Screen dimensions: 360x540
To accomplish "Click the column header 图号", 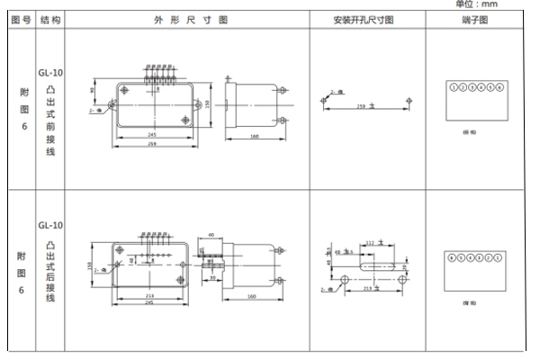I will [x=18, y=19].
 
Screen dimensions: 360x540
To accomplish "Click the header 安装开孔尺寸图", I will [x=364, y=19].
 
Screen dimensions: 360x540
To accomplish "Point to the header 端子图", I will [x=476, y=19].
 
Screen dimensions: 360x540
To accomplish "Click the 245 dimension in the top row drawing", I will [x=154, y=134].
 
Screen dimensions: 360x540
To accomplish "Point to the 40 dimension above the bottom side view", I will [x=210, y=235].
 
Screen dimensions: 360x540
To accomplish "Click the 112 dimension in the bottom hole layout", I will [x=370, y=243].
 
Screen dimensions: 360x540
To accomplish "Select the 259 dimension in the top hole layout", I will [x=362, y=105].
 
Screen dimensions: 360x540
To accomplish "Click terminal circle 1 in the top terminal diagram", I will [x=454, y=87].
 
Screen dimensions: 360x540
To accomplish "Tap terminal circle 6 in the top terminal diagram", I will [x=499, y=87].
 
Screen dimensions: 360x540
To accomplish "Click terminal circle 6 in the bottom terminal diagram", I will [x=454, y=257].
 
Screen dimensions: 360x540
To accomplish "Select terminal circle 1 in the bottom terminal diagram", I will [x=499, y=257].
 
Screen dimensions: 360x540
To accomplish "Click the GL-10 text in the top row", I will [x=49, y=52].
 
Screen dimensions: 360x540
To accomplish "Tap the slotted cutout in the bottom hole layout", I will [x=378, y=266].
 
